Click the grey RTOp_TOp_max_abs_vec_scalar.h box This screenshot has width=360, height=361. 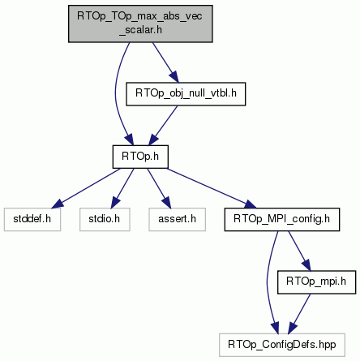click(x=140, y=24)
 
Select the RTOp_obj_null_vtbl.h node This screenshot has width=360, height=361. click(x=186, y=94)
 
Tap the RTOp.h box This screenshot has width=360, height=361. click(x=140, y=157)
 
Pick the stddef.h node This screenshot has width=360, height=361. click(x=32, y=219)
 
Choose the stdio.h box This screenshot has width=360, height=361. click(x=105, y=219)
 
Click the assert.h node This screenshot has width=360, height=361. click(x=177, y=219)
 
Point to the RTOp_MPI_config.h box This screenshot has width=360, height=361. click(x=282, y=219)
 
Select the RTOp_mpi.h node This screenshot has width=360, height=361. click(x=316, y=282)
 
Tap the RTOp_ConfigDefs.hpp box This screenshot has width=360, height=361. click(x=282, y=345)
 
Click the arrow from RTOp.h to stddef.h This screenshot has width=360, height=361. click(x=86, y=188)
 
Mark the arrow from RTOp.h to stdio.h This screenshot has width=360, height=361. click(x=122, y=188)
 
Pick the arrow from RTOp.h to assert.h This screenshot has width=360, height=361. click(x=159, y=188)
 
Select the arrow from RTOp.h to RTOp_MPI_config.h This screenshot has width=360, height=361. click(x=211, y=188)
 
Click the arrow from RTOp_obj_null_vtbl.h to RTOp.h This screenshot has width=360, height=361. click(x=163, y=126)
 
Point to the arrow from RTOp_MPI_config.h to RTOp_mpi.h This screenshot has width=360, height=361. click(x=299, y=251)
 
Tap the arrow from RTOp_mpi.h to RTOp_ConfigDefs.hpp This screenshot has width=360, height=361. click(x=299, y=314)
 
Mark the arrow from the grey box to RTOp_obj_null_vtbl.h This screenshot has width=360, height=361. click(x=165, y=62)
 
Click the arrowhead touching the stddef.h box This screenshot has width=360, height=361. click(x=57, y=204)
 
